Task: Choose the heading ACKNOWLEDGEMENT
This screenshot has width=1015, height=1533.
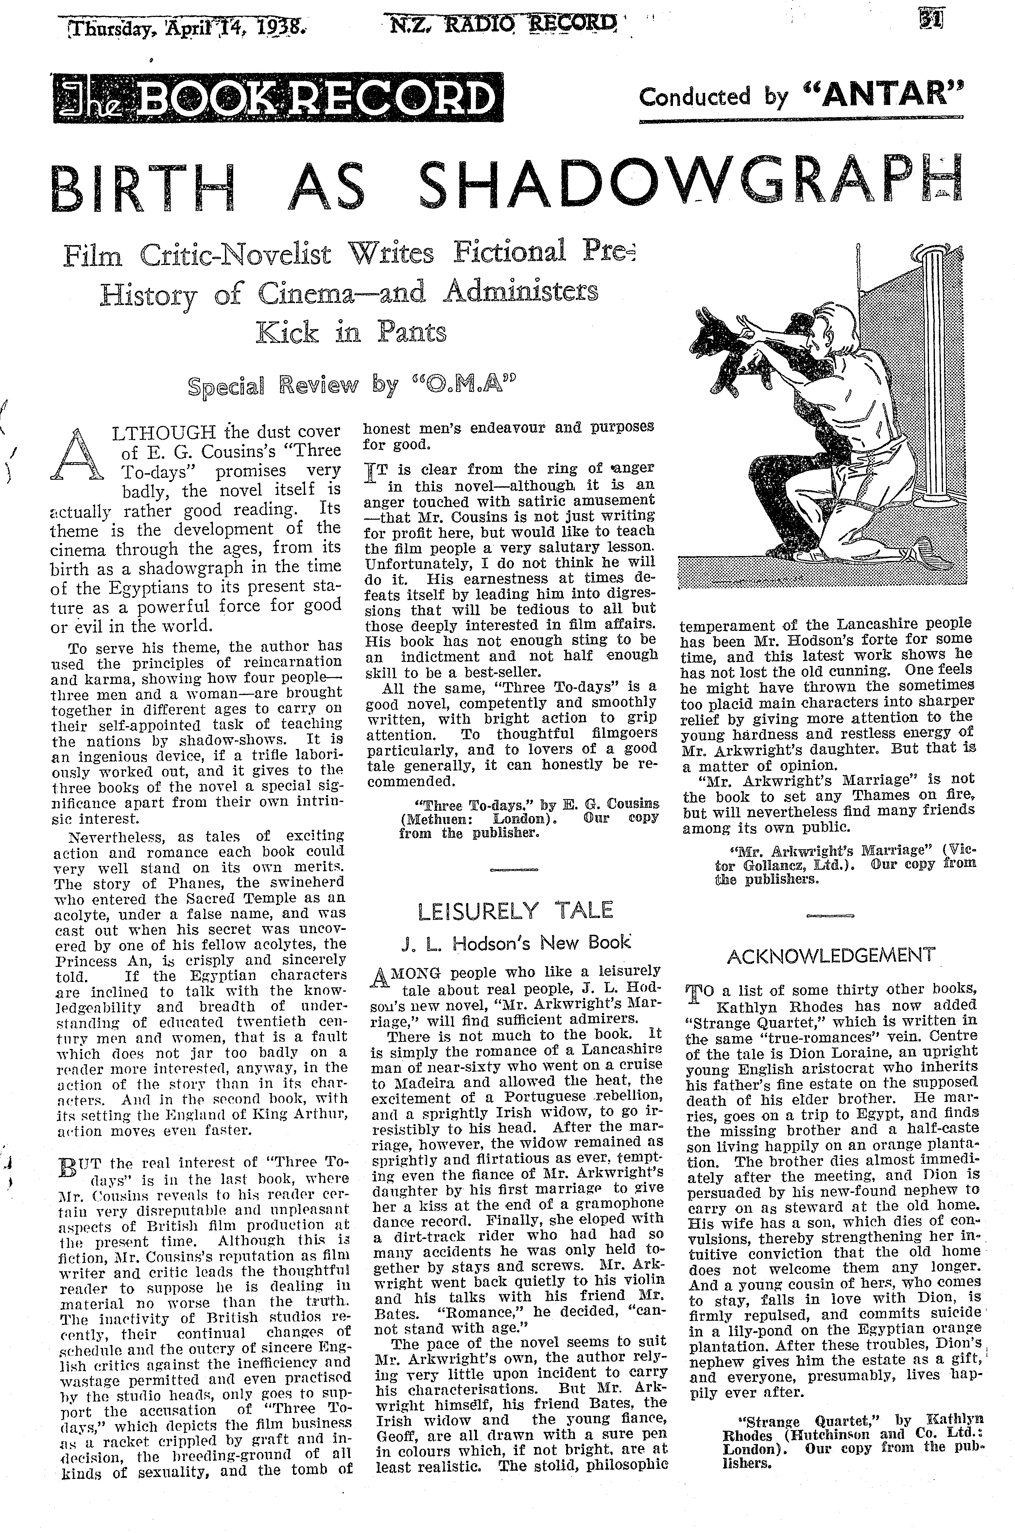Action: point(831,954)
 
